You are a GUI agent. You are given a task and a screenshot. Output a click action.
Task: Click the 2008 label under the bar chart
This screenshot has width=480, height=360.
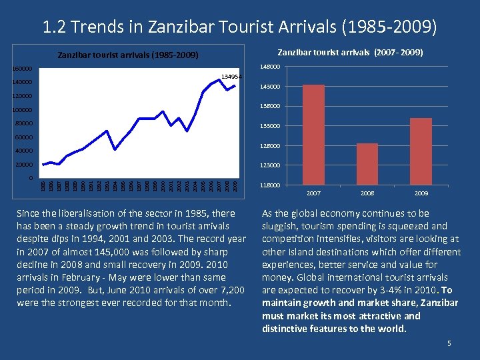pyautogui.click(x=367, y=193)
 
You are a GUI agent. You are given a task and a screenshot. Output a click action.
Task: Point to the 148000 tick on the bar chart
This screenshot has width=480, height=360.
pyautogui.click(x=271, y=66)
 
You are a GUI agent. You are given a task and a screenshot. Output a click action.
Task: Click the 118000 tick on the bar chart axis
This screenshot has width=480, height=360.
pyautogui.click(x=271, y=185)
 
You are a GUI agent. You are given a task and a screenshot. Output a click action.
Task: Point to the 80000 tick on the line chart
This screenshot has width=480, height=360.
pyautogui.click(x=24, y=123)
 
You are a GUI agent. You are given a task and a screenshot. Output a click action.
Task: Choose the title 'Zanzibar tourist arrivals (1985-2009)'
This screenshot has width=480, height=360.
pyautogui.click(x=128, y=55)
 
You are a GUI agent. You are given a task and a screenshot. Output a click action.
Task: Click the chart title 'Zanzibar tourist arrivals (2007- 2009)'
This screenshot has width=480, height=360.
pyautogui.click(x=349, y=52)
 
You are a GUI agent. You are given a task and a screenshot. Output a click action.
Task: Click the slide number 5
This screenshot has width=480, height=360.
pyautogui.click(x=449, y=343)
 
